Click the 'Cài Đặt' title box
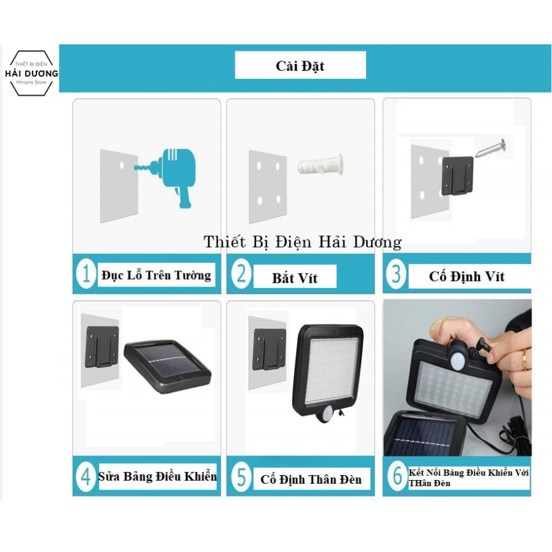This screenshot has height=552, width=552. coord(300,65)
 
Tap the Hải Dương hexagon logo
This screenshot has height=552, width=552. coord(31,73)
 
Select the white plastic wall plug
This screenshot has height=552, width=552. coord(320,165)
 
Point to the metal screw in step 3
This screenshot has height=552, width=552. coord(491,148)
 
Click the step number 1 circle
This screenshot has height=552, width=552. coord(86,274)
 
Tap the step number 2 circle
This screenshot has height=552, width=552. coord(241,274)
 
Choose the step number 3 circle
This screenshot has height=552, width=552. coord(396,274)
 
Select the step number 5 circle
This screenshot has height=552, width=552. coord(241,477)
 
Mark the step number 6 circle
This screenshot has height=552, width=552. coord(397,476)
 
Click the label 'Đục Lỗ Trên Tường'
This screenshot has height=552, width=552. coord(156,275)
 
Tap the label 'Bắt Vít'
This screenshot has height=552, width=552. coord(295,278)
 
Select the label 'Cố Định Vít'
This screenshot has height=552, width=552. coord(467,277)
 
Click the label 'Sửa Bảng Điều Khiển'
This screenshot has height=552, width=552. coord(157,476)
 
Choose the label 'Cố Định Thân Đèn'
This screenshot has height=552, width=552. coord(311,479)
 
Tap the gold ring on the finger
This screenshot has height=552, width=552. coord(525,359)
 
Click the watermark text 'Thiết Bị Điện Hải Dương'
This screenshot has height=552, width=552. coord(302,242)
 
